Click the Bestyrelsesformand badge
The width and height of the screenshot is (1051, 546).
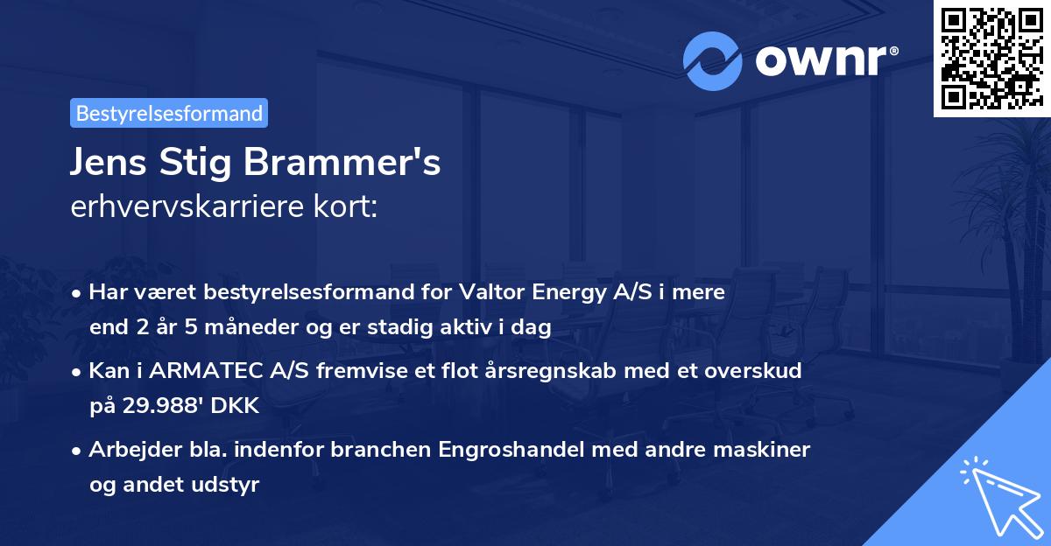click(169, 113)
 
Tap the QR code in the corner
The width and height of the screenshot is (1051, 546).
click(991, 59)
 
